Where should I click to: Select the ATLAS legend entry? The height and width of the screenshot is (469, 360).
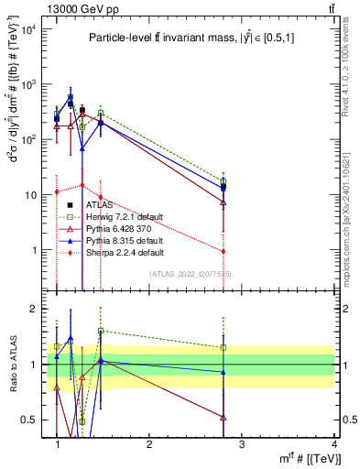point(100,205)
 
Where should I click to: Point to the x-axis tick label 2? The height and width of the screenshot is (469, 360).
point(149,444)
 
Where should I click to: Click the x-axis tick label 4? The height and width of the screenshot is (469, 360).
point(333,444)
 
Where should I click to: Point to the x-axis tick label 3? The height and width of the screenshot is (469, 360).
point(241,444)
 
